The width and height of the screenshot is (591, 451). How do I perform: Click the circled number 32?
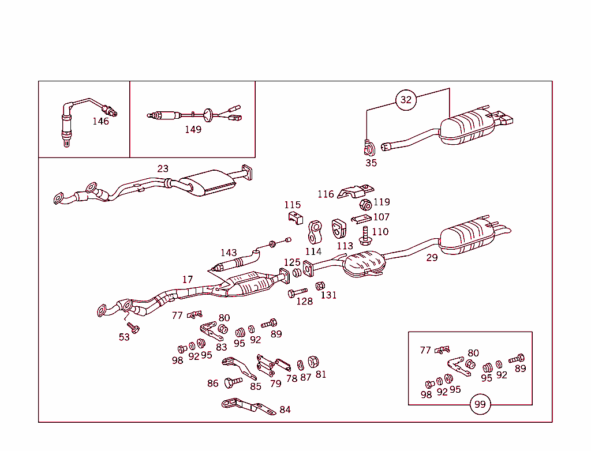406,99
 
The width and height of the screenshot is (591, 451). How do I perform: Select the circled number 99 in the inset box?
480,404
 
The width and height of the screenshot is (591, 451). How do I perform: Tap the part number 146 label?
100,121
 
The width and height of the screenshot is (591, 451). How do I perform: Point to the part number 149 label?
193,129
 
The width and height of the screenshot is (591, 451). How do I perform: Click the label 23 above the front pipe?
163,168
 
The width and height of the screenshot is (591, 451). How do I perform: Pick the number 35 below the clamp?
371,163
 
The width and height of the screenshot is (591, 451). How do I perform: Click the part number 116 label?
326,194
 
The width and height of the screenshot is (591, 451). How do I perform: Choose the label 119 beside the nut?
381,202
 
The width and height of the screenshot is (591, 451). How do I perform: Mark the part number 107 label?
381,217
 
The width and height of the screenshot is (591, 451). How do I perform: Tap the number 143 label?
229,253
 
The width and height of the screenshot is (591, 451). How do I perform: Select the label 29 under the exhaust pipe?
432,258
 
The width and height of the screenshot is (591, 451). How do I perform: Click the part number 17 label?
188,280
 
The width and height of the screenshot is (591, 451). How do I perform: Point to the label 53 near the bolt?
124,337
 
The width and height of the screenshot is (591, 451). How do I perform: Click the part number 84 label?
285,409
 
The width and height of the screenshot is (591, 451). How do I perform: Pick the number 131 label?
328,295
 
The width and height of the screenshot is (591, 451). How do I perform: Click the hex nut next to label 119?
365,205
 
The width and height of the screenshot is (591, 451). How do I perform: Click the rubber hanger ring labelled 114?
315,232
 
